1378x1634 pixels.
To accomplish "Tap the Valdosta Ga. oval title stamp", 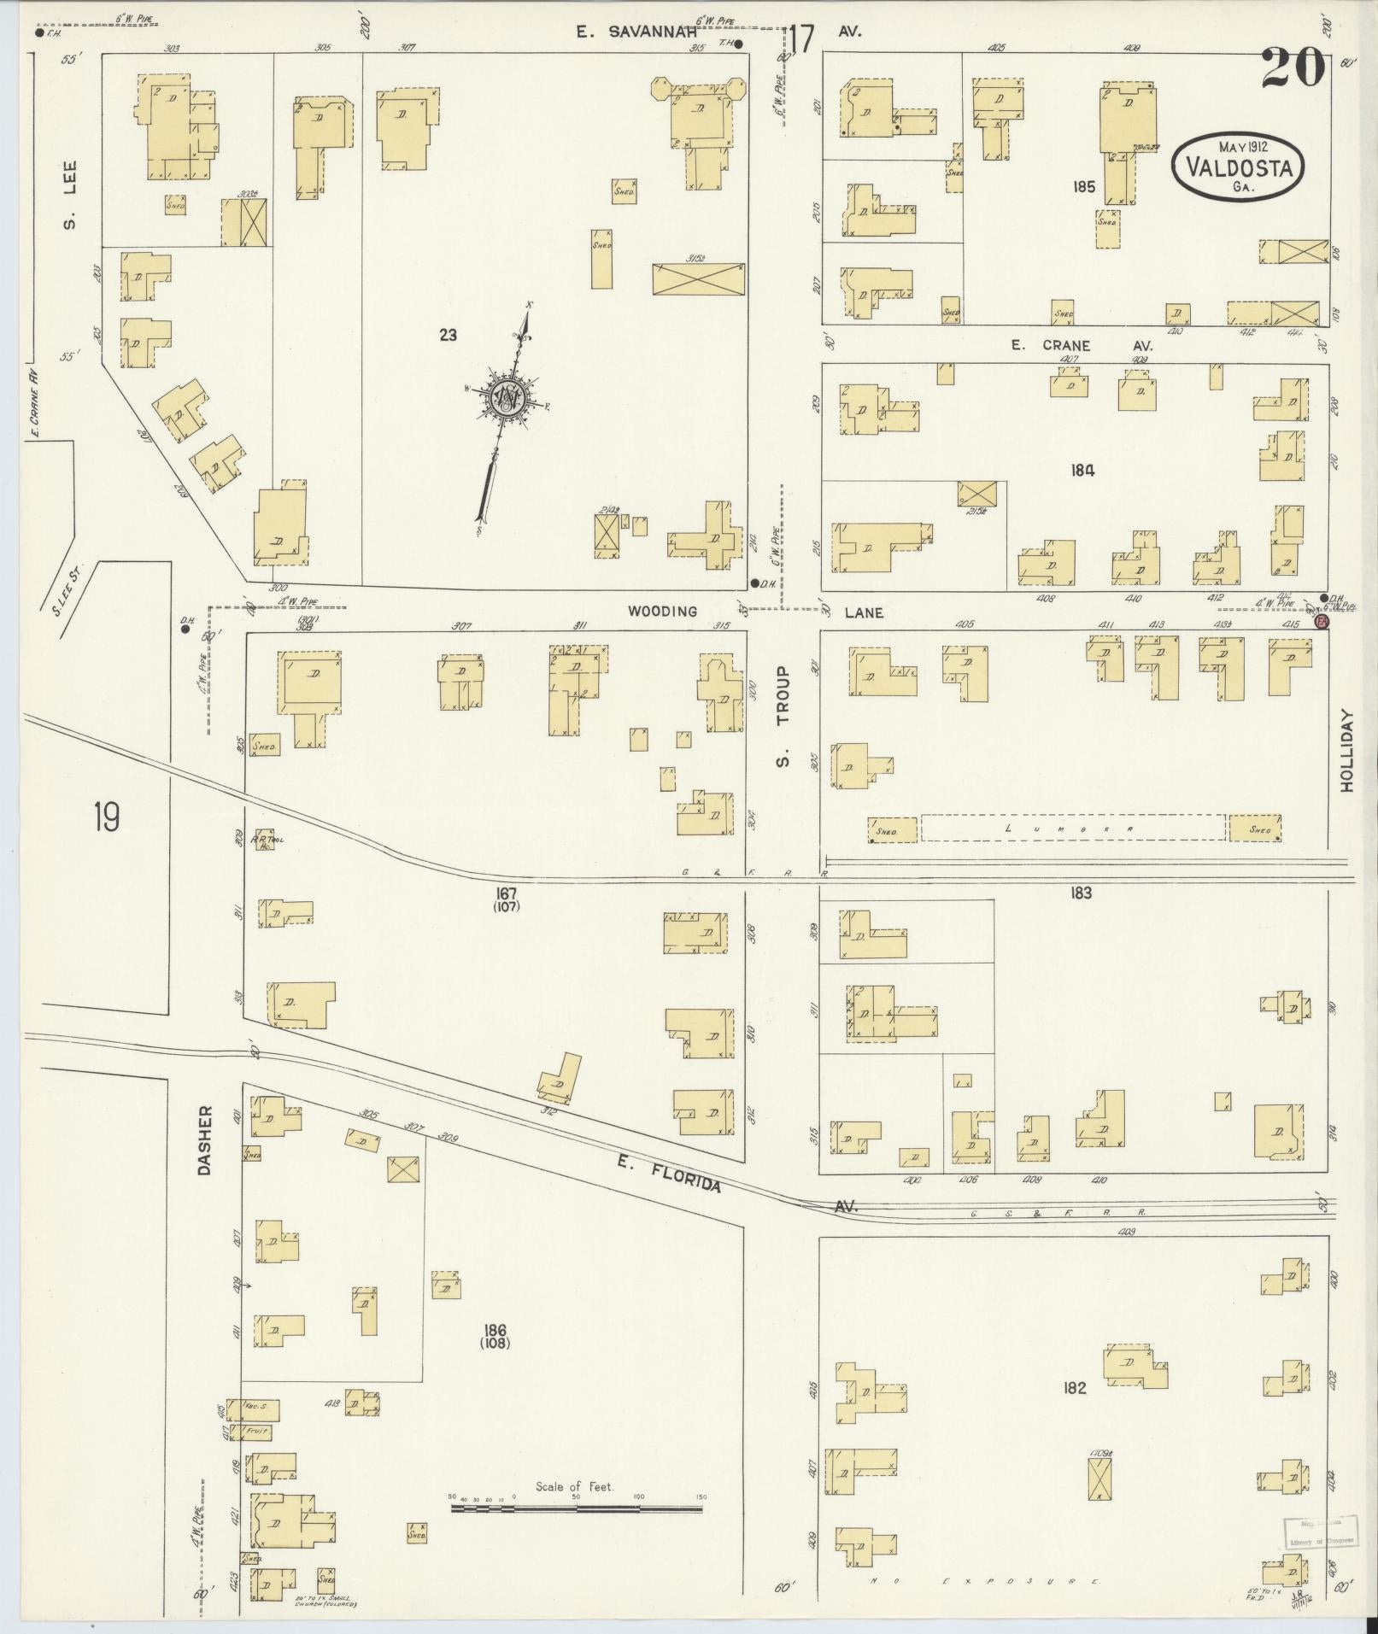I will [1237, 167].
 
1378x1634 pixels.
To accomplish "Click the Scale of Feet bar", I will [577, 911].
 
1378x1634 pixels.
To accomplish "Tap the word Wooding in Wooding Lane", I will [663, 612].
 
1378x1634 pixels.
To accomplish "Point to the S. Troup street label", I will [783, 717].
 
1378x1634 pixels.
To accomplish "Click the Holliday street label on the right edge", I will [1347, 751].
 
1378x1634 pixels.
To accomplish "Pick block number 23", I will [448, 336].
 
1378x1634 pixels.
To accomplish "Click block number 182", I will [1074, 1388].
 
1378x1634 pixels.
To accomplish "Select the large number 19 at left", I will [108, 818].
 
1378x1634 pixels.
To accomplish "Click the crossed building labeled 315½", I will [698, 278].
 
